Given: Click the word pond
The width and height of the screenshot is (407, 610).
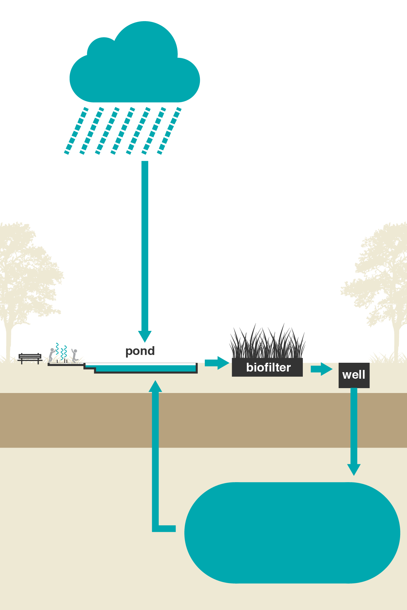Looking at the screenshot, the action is (140, 351).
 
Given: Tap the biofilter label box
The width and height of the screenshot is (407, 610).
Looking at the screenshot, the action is (267, 367).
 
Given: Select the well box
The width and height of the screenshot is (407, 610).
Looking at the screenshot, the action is (354, 375).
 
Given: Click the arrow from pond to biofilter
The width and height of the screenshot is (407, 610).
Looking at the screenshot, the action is (217, 363).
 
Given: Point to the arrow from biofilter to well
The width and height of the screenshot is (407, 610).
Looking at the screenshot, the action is (321, 369).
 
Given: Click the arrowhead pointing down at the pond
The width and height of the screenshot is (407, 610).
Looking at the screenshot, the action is (145, 336).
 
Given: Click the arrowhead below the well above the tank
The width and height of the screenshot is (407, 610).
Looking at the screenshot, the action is (354, 470).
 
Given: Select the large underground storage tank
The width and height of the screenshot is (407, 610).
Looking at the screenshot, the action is (292, 533).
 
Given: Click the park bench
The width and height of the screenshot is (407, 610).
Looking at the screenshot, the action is (30, 359).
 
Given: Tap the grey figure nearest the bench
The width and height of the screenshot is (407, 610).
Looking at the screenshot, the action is (51, 355).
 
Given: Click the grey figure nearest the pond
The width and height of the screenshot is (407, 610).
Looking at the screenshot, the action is (75, 356).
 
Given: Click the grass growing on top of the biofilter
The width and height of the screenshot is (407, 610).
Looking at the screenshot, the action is (267, 342).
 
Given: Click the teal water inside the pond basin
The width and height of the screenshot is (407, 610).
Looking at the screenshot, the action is (146, 368).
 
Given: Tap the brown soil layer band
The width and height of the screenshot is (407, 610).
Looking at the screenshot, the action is (203, 420).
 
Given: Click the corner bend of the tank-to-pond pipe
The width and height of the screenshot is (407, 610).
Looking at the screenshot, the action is (156, 528).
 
